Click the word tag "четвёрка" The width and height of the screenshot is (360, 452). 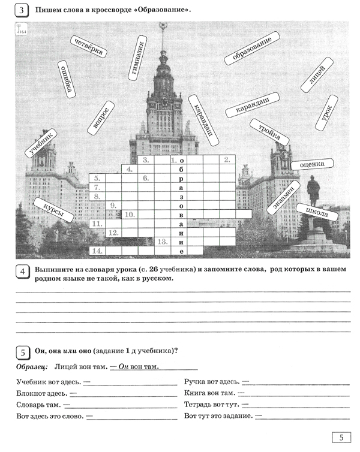coord(88,46)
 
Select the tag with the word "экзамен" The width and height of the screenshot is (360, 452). coord(283,197)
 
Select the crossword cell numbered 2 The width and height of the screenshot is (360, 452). coord(226,160)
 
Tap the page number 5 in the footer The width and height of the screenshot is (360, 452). coord(341,438)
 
